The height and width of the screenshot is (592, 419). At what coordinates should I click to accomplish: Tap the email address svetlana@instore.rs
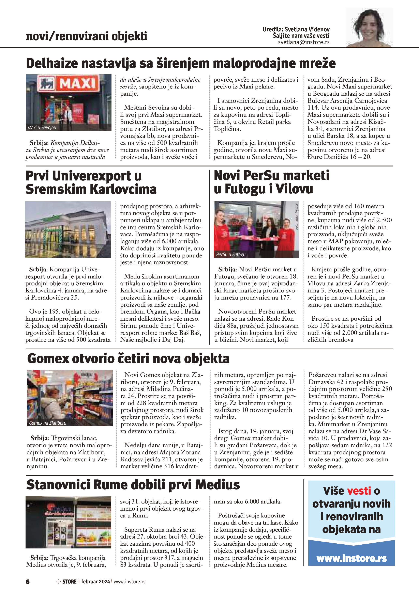click(303, 42)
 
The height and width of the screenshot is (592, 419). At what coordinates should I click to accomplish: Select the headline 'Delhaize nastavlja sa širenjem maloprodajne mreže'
click(181, 63)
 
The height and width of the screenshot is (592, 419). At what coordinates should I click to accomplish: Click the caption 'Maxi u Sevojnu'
click(42, 128)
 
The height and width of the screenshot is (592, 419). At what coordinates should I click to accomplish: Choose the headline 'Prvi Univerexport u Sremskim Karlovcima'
click(91, 182)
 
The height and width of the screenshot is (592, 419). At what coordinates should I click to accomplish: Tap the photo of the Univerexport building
click(68, 229)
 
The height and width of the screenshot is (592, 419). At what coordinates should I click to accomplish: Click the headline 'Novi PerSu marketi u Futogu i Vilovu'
click(271, 182)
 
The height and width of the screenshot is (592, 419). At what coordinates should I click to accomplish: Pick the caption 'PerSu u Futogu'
click(231, 255)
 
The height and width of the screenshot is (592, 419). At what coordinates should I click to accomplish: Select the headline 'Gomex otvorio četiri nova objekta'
click(128, 359)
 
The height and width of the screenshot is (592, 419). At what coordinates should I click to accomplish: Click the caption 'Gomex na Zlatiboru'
click(48, 423)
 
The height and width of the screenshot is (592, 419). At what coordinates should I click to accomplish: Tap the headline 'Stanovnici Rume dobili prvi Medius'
click(133, 484)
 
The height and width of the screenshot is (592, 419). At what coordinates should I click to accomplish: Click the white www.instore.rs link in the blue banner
click(351, 558)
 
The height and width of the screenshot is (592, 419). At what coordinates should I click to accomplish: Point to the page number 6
click(28, 581)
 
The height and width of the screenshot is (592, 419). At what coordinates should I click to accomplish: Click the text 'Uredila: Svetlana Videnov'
click(296, 29)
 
